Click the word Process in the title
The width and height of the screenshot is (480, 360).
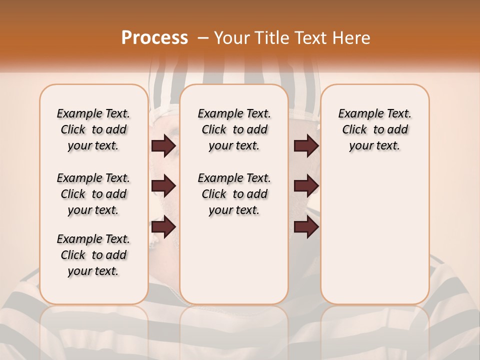[x=154, y=38]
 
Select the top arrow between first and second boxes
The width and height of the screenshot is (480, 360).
[x=163, y=146]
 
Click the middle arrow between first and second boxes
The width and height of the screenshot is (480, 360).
[x=163, y=186]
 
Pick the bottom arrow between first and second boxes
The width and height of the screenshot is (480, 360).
[x=163, y=227]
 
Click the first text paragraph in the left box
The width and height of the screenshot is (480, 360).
[x=93, y=129]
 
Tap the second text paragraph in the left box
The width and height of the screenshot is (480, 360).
[x=93, y=194]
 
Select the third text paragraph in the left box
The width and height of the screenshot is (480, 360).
[x=93, y=255]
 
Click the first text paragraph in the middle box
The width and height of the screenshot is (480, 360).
[x=234, y=129]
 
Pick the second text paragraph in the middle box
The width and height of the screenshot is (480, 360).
[x=234, y=194]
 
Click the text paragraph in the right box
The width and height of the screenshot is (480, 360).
[x=375, y=129]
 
